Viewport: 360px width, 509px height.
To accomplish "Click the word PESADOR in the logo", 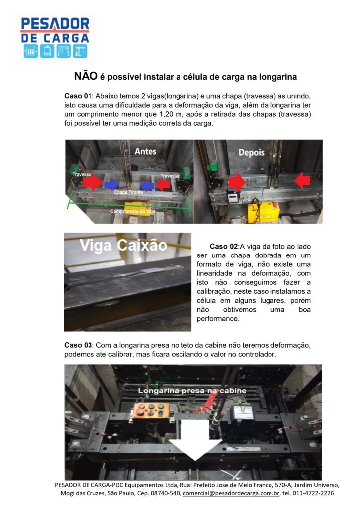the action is click(55, 24).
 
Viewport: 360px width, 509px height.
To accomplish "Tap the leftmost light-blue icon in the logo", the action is click(30, 51).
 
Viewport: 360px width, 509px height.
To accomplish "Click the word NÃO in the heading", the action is click(86, 76).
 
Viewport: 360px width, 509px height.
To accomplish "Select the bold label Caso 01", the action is click(78, 96).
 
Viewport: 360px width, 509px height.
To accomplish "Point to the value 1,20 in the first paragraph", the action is click(167, 114).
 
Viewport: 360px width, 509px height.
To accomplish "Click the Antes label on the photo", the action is click(145, 151).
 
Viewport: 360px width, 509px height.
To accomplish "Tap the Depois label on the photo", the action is click(251, 152).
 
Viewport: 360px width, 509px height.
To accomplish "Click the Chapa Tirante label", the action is click(129, 192).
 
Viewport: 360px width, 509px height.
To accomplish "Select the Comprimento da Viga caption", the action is click(133, 211).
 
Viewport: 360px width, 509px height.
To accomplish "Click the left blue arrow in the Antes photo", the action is click(112, 185).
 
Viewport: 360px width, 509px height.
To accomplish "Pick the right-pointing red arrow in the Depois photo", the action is click(237, 182).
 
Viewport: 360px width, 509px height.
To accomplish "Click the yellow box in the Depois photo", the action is click(264, 213).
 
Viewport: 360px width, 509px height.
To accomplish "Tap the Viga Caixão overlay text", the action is click(123, 245).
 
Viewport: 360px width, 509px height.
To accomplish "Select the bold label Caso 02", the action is click(224, 247).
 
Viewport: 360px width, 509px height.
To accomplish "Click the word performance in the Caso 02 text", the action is click(218, 319).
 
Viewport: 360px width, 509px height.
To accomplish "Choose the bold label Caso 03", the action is click(78, 345).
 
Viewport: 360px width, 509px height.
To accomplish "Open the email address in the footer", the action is click(231, 493).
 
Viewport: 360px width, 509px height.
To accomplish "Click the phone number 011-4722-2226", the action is click(313, 493).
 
